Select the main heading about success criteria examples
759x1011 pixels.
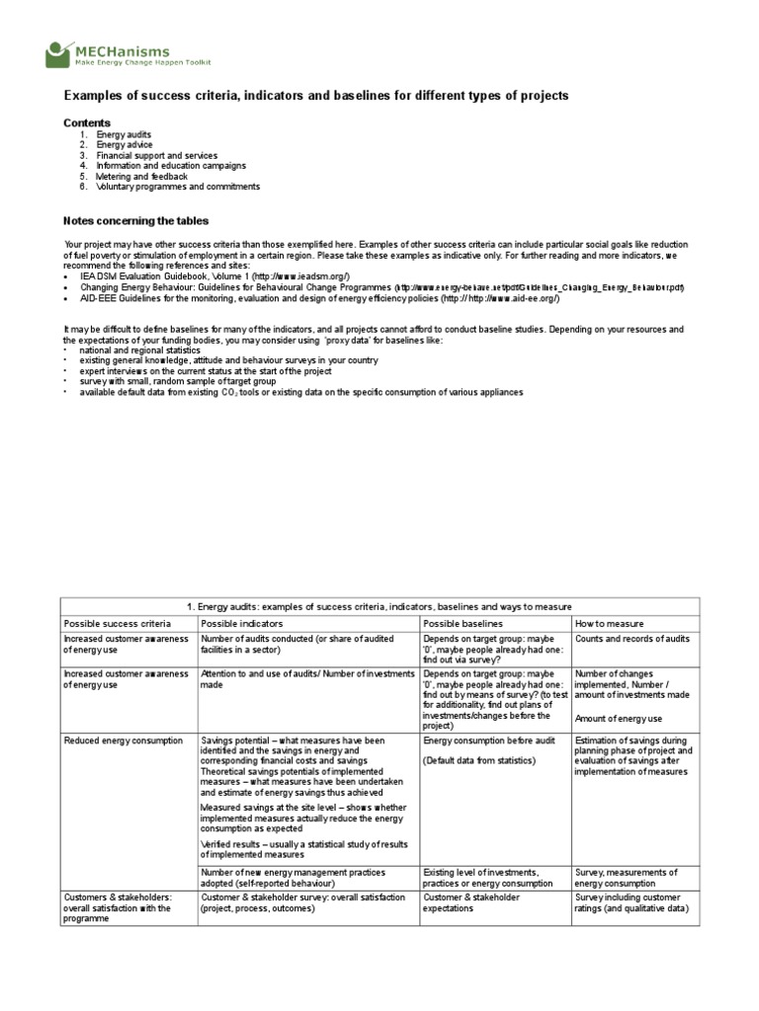(x=316, y=96)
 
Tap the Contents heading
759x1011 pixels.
(x=87, y=122)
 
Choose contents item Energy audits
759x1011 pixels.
(x=124, y=133)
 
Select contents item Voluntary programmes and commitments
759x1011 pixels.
(x=178, y=187)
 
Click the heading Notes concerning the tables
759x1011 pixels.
(x=135, y=220)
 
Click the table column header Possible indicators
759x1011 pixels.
(x=241, y=623)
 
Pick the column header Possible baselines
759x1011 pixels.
(x=463, y=623)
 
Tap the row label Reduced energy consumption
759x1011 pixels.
(x=123, y=739)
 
